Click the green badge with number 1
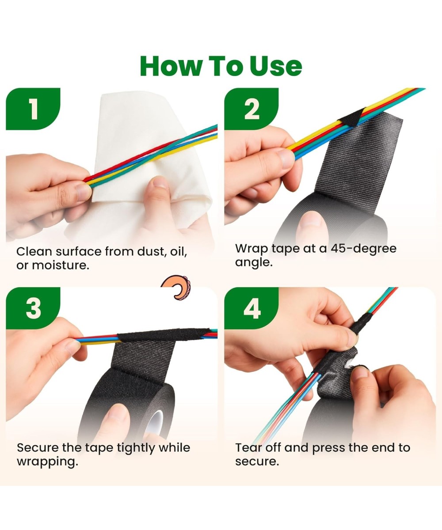(x=33, y=109)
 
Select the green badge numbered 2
(x=251, y=109)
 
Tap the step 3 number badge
(x=33, y=308)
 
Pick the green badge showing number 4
(x=251, y=308)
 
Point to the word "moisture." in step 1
(x=61, y=265)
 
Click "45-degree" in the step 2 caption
(x=363, y=249)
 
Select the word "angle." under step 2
(x=254, y=263)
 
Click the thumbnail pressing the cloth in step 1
(x=161, y=182)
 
